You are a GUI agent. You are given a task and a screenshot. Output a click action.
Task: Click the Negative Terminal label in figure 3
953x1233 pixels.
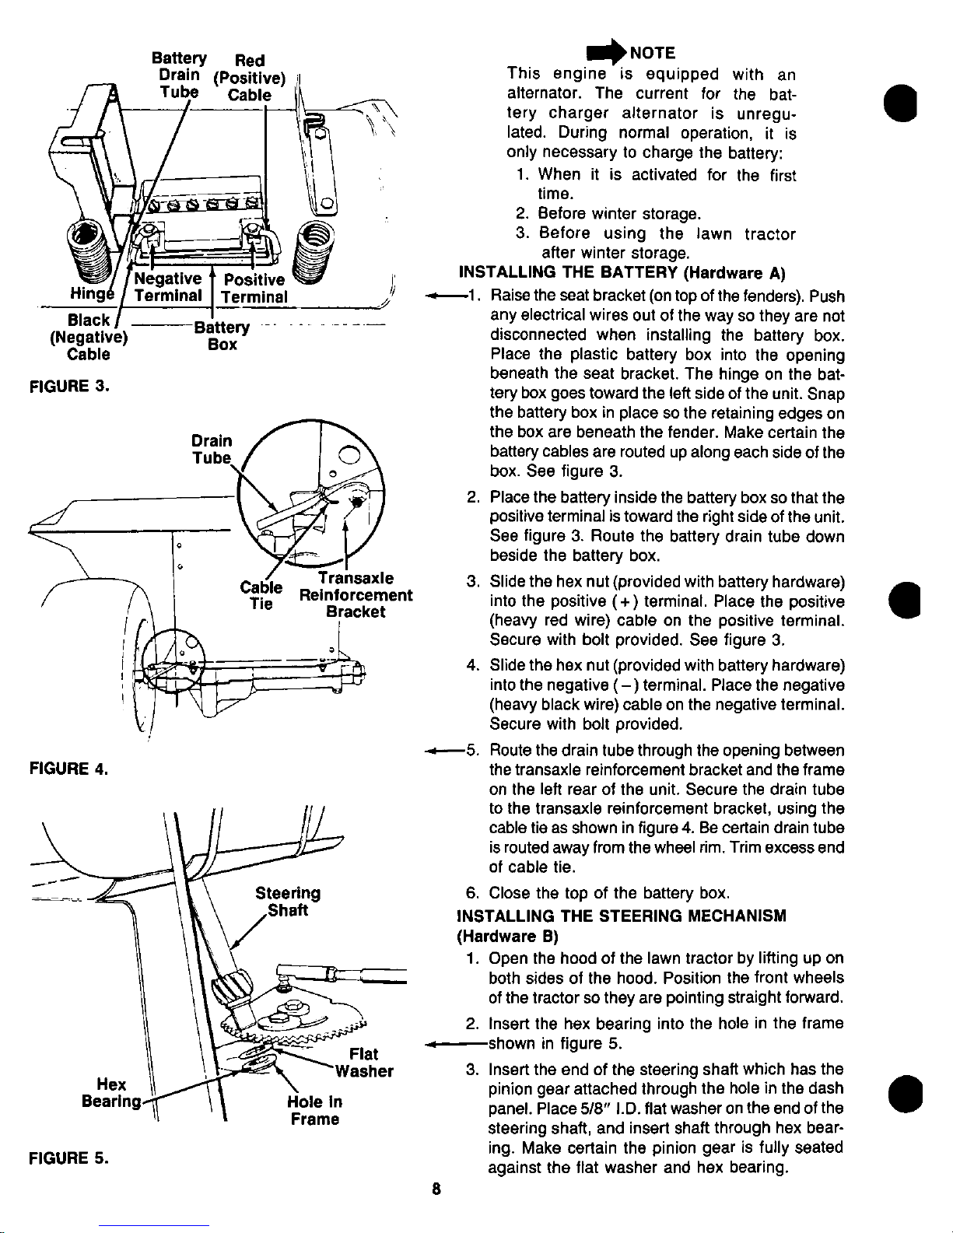click(168, 288)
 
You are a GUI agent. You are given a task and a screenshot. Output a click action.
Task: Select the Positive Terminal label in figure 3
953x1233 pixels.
click(254, 288)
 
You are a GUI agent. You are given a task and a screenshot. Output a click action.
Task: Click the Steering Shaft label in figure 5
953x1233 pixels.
click(288, 902)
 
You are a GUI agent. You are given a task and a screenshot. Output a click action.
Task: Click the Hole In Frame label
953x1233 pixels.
click(314, 1111)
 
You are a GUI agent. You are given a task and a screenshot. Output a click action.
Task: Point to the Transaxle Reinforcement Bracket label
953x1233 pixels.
click(356, 595)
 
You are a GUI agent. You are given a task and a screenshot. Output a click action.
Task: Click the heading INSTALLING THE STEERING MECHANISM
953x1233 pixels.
click(622, 915)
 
